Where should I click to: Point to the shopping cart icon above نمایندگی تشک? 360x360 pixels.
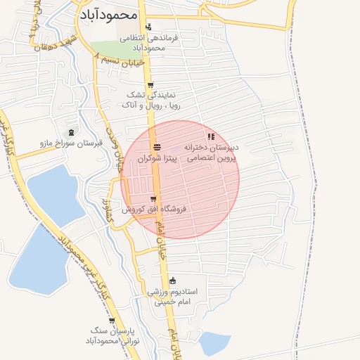pyautogui.click(x=150, y=84)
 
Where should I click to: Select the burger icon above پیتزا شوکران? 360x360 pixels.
pyautogui.click(x=157, y=148)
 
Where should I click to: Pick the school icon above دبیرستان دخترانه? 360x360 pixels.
pyautogui.click(x=210, y=136)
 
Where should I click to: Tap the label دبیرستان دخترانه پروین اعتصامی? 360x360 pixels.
pyautogui.click(x=212, y=154)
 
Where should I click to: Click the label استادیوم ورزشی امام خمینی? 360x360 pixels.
pyautogui.click(x=173, y=296)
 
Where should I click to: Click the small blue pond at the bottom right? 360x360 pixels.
pyautogui.click(x=214, y=343)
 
